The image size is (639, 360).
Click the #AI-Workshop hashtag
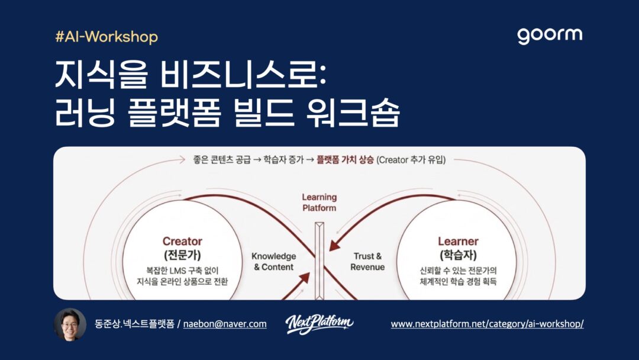click(106, 37)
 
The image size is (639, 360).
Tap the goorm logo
click(550, 36)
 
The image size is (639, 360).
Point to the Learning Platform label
click(319, 202)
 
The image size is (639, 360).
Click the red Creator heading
click(182, 242)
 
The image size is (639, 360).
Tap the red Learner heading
click(458, 242)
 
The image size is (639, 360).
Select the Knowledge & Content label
click(274, 261)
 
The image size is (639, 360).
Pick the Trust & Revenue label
click(367, 261)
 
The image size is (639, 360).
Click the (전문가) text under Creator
click(182, 255)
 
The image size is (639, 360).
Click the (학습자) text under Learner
click(458, 255)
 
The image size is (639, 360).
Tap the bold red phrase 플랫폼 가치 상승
click(345, 160)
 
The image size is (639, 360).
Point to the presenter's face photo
click(70, 324)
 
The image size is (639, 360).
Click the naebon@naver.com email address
click(225, 324)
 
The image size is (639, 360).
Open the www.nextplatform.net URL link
click(487, 324)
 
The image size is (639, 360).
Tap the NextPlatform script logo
click(319, 324)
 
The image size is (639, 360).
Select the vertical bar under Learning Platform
click(319, 261)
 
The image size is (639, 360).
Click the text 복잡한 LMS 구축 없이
click(182, 271)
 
